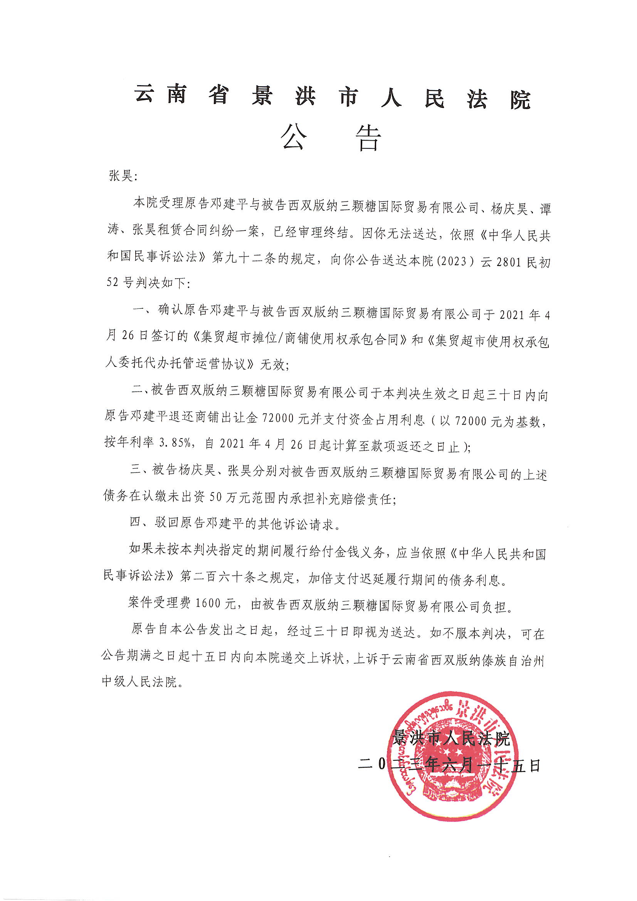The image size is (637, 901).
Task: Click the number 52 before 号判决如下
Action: tap(113, 282)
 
